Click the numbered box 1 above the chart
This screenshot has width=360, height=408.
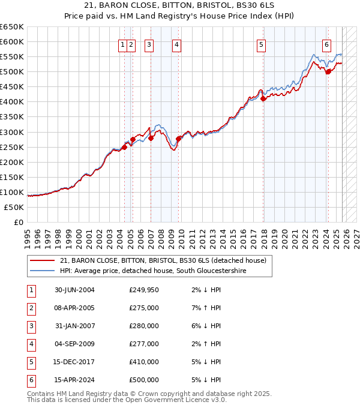122,44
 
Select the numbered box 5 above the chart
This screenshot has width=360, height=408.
262,44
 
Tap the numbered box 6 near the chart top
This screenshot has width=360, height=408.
326,44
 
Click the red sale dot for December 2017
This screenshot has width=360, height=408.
263,99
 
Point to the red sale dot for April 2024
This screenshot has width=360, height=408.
328,71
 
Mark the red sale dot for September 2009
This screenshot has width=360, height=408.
178,139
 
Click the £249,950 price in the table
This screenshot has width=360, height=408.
144,290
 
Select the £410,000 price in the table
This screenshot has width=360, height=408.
144,362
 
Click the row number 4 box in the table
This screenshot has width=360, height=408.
31,344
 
